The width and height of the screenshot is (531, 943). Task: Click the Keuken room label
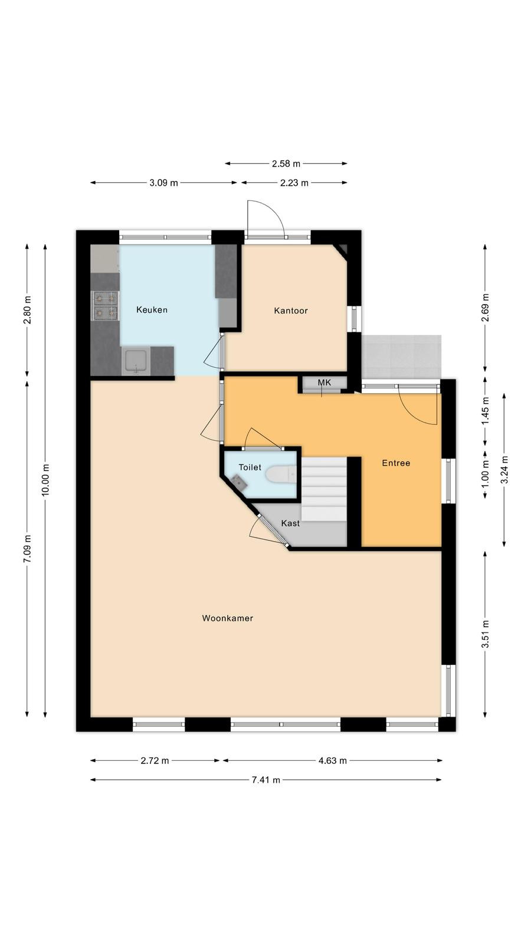pyautogui.click(x=152, y=310)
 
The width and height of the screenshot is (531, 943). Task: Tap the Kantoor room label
pyautogui.click(x=291, y=311)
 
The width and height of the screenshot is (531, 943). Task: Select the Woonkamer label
pyautogui.click(x=228, y=618)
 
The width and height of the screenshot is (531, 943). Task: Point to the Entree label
pyautogui.click(x=396, y=463)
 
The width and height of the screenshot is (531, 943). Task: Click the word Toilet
pyautogui.click(x=250, y=467)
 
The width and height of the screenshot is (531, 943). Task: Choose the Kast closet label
pyautogui.click(x=290, y=523)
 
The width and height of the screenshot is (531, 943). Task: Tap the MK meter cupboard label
pyautogui.click(x=324, y=383)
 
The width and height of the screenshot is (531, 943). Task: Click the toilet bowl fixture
pyautogui.click(x=282, y=474)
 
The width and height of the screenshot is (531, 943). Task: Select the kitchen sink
pyautogui.click(x=136, y=360)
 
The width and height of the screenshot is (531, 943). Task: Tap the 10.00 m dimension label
pyautogui.click(x=45, y=480)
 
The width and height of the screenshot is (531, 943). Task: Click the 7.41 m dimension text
pyautogui.click(x=266, y=780)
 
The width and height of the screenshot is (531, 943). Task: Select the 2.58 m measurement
pyautogui.click(x=286, y=163)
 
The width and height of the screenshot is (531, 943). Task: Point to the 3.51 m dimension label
pyautogui.click(x=486, y=634)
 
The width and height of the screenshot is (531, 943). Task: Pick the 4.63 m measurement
pyautogui.click(x=333, y=760)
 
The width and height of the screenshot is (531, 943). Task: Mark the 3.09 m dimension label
pyautogui.click(x=163, y=183)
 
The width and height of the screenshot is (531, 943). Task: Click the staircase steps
pyautogui.click(x=324, y=489)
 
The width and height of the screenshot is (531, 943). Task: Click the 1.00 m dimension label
pyautogui.click(x=486, y=476)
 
